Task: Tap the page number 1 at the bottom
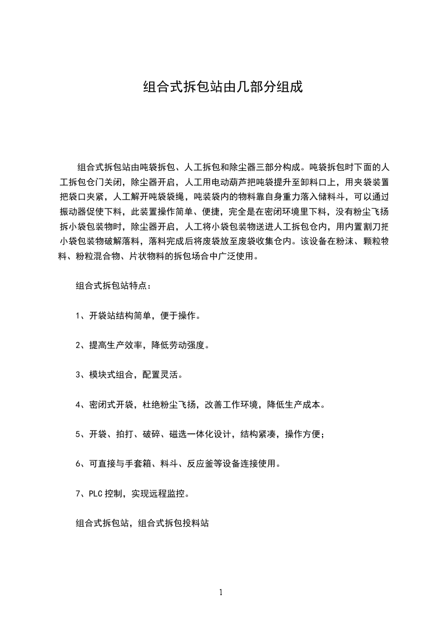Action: (x=221, y=592)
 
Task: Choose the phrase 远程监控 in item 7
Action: (x=170, y=493)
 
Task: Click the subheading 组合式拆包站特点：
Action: (x=113, y=286)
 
